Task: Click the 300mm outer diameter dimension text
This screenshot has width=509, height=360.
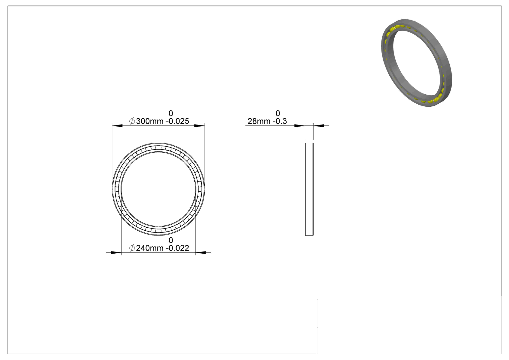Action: click(150, 122)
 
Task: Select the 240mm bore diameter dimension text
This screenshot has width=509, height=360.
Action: click(150, 248)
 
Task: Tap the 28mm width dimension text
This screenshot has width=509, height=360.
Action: click(259, 122)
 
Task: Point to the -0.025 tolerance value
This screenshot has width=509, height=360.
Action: click(177, 122)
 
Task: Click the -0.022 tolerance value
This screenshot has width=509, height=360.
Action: click(177, 248)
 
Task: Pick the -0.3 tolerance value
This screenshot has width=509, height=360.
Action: click(280, 122)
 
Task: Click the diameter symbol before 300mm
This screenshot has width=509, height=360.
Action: click(132, 121)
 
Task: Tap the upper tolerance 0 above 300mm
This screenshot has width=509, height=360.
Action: click(171, 113)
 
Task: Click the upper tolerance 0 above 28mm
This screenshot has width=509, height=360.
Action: click(278, 113)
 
